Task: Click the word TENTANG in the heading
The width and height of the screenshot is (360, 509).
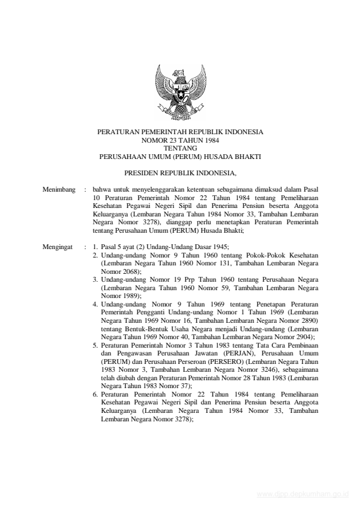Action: [x=180, y=148]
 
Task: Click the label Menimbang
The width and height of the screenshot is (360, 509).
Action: [x=59, y=190]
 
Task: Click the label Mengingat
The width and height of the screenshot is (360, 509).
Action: [x=58, y=247]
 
